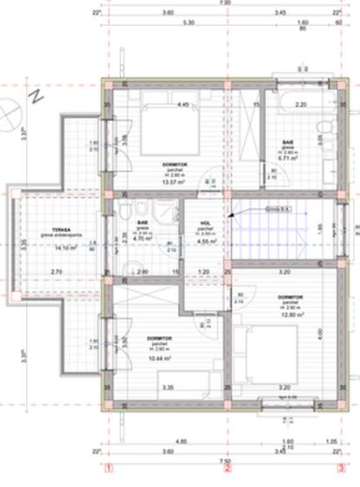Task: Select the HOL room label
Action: [204, 222]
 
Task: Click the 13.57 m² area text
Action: [177, 182]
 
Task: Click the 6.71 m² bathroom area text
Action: [287, 159]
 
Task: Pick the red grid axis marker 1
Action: [109, 471]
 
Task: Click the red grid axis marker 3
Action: [341, 471]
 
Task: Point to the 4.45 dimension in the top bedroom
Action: [183, 105]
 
